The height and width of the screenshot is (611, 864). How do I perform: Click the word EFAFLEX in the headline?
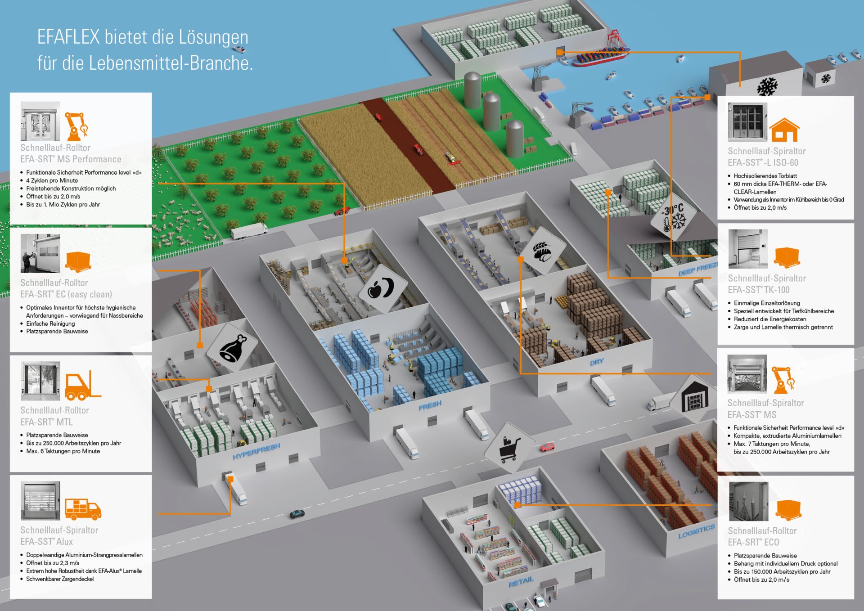click(x=68, y=37)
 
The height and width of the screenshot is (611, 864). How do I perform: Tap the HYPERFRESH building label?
click(x=256, y=451)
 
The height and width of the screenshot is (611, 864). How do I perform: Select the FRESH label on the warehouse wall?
click(x=430, y=406)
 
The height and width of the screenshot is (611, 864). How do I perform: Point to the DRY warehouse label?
click(x=597, y=362)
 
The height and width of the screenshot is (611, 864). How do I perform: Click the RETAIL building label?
click(x=521, y=582)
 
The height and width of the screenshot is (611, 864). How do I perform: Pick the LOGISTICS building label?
click(x=696, y=531)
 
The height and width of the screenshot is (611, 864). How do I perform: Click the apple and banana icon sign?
click(x=381, y=288)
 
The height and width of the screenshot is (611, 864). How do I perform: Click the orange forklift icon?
click(x=83, y=386)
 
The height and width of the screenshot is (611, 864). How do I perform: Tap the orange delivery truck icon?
click(x=83, y=509)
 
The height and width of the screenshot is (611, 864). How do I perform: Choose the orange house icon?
click(x=784, y=130)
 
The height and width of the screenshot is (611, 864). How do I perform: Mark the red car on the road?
click(x=548, y=447)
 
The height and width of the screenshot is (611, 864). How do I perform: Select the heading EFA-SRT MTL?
click(x=46, y=422)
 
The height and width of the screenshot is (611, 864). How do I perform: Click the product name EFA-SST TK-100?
click(x=758, y=290)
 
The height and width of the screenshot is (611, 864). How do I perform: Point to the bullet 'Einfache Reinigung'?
click(x=50, y=323)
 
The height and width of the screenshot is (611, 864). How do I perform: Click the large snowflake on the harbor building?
click(x=767, y=87)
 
